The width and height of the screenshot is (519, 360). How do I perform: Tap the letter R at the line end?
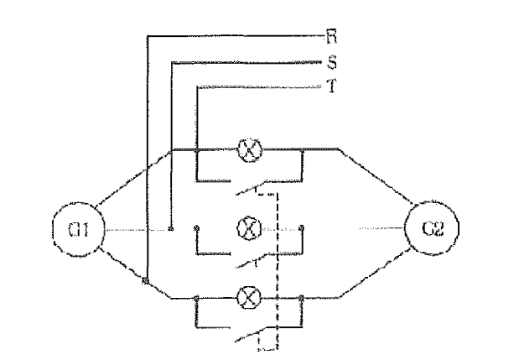331,36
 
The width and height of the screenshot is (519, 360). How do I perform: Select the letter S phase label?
332,62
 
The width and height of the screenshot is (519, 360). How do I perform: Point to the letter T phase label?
332,86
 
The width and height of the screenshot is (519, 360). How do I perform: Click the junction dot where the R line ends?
145,281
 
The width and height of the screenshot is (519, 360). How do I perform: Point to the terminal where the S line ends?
171,228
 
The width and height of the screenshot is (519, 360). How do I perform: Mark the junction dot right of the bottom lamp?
301,298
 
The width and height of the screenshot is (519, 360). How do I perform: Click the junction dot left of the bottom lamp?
196,298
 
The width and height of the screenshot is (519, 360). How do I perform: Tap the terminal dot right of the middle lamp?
301,227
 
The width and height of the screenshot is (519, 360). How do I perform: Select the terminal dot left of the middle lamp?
196,227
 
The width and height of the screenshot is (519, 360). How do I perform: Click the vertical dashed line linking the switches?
277,271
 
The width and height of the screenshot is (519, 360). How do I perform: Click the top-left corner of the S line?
172,62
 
